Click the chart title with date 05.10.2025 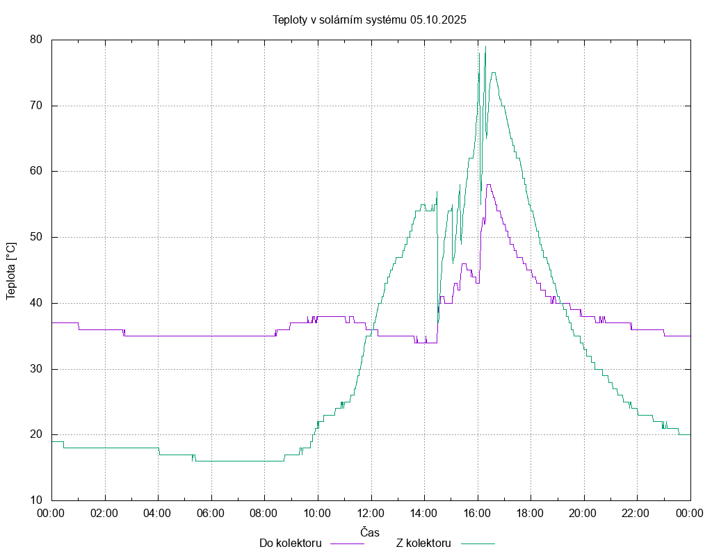click(369, 19)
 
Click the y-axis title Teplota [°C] click(11, 270)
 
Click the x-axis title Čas click(370, 532)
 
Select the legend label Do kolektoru click(290, 543)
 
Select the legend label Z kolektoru click(423, 543)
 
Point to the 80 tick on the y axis click(36, 40)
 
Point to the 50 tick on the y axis click(36, 237)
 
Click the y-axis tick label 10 click(36, 500)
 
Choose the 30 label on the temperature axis click(36, 369)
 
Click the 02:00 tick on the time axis click(105, 513)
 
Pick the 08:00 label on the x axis click(264, 513)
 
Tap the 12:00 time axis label click(371, 513)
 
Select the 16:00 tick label click(478, 513)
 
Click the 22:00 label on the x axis click(637, 513)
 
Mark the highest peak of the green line click(485, 46)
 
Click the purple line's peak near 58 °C click(489, 184)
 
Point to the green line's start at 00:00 click(53, 441)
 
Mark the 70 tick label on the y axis click(36, 106)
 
